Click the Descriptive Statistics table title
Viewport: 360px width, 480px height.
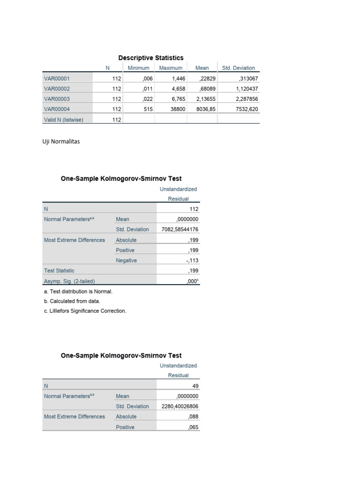pos(151,58)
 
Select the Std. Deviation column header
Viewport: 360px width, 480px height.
pos(238,68)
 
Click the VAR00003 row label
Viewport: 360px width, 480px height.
pos(57,99)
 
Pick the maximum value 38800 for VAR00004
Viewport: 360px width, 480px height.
pos(178,109)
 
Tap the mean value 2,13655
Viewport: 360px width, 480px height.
pos(205,99)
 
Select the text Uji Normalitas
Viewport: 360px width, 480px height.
pos(61,141)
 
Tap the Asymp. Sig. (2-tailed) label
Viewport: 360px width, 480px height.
pos(69,281)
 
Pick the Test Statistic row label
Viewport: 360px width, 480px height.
pos(59,270)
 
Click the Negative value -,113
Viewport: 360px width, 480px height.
pos(192,261)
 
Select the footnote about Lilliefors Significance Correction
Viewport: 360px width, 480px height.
pos(85,311)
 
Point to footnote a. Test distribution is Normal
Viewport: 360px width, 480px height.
pos(78,291)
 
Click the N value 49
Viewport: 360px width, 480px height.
pos(195,386)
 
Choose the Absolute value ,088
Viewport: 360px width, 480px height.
pos(193,417)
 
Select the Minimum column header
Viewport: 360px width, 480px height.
pos(138,68)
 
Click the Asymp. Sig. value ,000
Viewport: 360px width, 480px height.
pos(193,281)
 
